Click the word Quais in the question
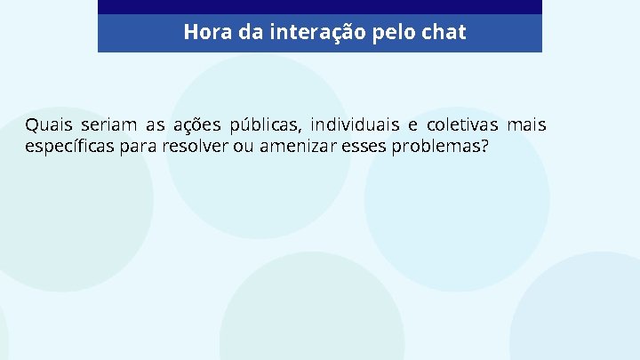click(44, 124)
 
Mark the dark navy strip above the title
click(320, 7)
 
